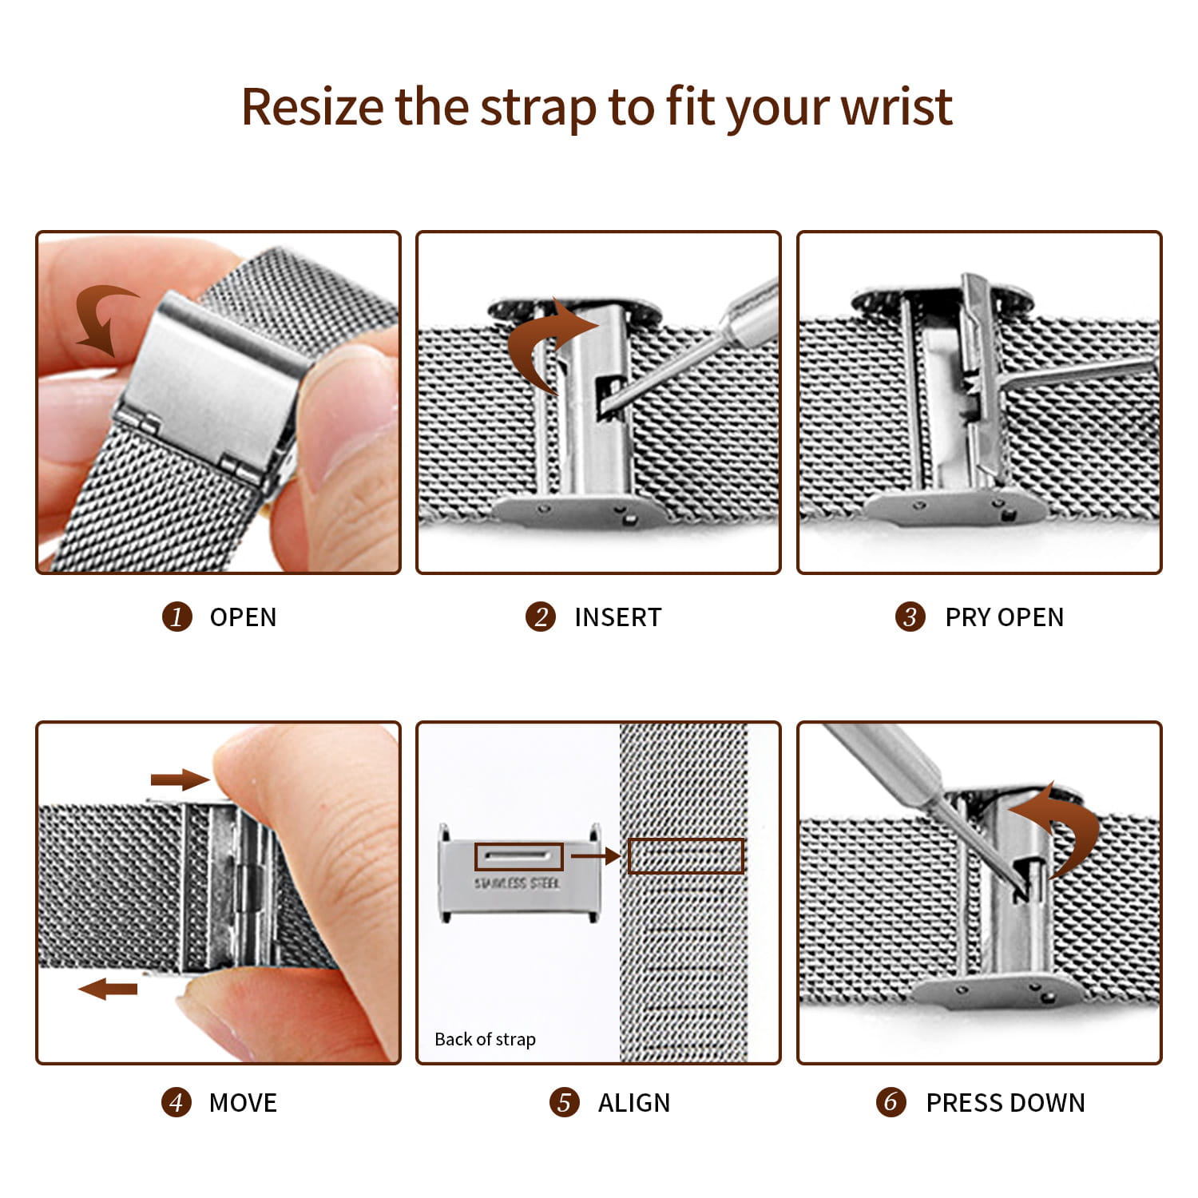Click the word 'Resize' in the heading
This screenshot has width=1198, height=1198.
tap(312, 107)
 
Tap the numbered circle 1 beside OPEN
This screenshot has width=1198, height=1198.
tap(177, 617)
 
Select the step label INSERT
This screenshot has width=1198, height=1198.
tap(617, 617)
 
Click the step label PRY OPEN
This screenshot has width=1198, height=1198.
tap(1004, 617)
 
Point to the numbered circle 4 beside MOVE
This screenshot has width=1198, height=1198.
tap(176, 1102)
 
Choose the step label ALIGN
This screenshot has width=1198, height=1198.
tap(633, 1102)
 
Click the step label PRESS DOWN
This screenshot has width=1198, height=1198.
tap(1005, 1102)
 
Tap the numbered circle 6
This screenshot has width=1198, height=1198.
tap(891, 1102)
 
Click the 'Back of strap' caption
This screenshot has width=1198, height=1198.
tap(485, 1039)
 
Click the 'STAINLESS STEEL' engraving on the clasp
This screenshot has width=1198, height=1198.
tap(517, 883)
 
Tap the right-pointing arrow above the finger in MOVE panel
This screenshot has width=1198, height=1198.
tap(179, 779)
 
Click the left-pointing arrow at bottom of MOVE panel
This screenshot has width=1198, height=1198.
tap(109, 989)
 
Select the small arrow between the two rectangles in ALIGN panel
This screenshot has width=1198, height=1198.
tap(595, 855)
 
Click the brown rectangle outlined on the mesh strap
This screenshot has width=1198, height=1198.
tap(685, 855)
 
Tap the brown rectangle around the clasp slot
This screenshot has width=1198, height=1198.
tap(518, 856)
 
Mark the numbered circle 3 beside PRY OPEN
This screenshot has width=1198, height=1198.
tap(910, 617)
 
